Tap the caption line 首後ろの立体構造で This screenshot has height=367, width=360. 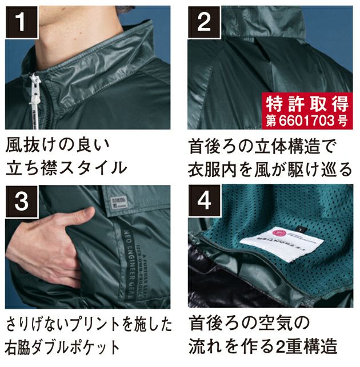pyautogui.click(x=263, y=145)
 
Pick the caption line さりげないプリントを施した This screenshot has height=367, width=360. pyautogui.click(x=89, y=324)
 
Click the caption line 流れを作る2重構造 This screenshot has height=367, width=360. pyautogui.click(x=262, y=347)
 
